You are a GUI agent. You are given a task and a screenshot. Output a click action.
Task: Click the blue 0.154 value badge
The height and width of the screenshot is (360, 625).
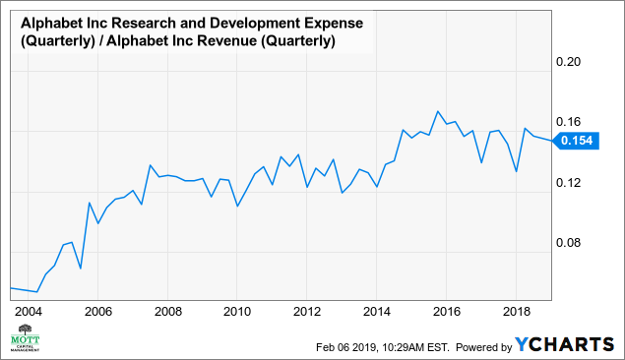[x=576, y=142]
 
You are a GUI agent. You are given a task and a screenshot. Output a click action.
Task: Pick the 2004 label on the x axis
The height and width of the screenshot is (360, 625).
[x=29, y=310]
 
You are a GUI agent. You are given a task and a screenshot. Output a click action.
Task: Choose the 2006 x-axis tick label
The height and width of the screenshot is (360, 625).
[x=97, y=310]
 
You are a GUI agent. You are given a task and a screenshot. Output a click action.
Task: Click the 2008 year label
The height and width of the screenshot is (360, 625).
[x=167, y=310]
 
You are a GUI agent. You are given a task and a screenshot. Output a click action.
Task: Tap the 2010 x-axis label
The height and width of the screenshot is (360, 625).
[x=237, y=310]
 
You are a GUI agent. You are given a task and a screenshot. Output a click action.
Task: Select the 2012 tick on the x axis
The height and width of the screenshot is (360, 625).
[x=307, y=310]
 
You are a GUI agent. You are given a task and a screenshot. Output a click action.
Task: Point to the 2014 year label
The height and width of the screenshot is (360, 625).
[x=377, y=310]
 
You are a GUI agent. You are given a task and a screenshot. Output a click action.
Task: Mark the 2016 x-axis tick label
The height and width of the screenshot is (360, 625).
[x=447, y=310]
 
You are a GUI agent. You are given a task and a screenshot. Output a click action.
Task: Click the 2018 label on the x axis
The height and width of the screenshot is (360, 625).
[x=517, y=310]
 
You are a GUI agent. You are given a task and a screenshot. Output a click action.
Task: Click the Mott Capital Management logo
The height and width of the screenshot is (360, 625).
[x=25, y=341]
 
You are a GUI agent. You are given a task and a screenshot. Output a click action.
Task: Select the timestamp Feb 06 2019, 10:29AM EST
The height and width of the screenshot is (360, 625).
[x=383, y=346]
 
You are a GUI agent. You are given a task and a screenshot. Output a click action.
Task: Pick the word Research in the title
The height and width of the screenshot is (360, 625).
[x=134, y=21]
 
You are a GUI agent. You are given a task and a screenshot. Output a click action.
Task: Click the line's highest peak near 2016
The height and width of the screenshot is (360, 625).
[x=438, y=111]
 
